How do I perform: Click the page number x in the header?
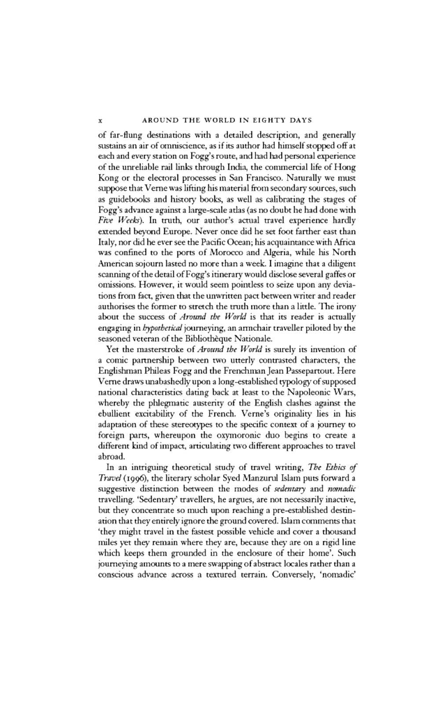pyautogui.click(x=100, y=120)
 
